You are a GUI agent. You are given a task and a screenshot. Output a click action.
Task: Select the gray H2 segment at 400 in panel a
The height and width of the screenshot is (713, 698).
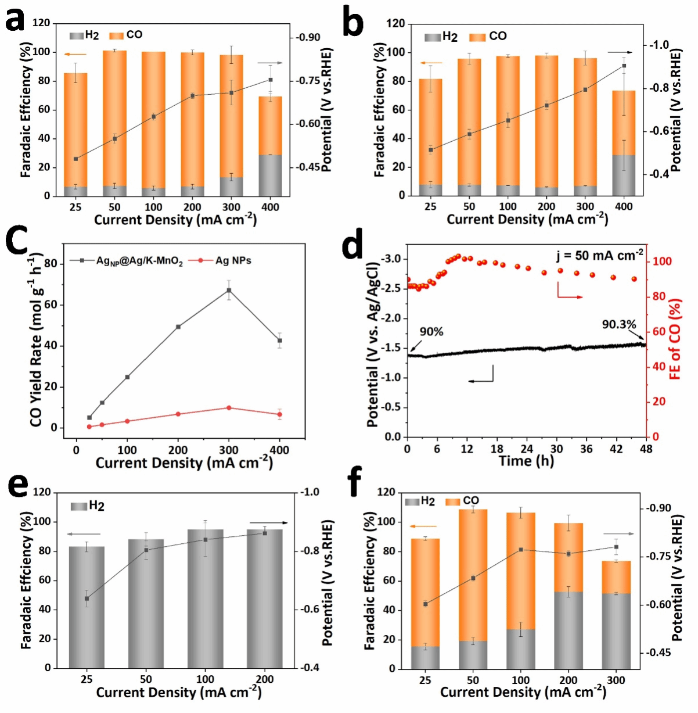click(270, 175)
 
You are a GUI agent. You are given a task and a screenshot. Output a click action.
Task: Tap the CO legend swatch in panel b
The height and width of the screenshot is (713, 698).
click(477, 37)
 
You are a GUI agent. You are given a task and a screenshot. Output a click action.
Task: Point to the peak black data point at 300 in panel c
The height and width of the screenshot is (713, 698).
click(229, 290)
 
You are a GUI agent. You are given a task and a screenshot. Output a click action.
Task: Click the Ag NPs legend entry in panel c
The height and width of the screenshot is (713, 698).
click(233, 260)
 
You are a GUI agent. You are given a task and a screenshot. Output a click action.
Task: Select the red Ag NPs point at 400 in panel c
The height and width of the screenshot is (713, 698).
click(280, 414)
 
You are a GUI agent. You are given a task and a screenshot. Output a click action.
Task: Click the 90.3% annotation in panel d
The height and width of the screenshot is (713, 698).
click(619, 324)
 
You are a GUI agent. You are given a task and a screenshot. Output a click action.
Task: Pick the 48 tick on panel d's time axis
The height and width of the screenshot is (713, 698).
click(646, 449)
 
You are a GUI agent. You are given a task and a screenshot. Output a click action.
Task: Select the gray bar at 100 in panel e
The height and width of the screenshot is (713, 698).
click(205, 599)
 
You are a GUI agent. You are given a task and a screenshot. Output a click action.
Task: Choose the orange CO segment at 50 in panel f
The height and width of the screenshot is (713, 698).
click(473, 575)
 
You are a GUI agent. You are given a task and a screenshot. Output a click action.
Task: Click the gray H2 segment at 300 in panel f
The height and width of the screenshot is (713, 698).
click(616, 630)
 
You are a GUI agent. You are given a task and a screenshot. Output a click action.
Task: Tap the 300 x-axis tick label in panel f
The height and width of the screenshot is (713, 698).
click(616, 680)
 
